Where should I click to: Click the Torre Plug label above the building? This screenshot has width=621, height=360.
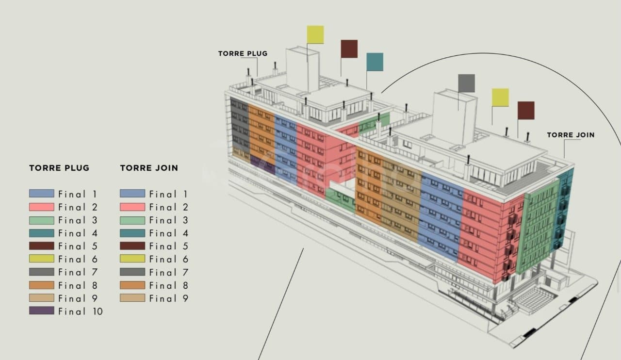[243, 53]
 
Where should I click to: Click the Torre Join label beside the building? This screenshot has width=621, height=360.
[571, 135]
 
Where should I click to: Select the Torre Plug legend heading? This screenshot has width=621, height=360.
[59, 168]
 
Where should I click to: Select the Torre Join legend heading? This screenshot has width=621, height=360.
[149, 168]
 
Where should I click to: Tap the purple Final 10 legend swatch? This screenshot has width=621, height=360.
[42, 311]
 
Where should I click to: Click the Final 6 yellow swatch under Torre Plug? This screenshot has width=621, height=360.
[42, 259]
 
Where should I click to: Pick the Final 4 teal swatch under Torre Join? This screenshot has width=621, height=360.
[132, 233]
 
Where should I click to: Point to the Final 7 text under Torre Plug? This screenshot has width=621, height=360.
[78, 272]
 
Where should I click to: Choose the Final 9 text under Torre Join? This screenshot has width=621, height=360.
[169, 298]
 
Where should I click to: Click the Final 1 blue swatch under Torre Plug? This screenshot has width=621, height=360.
[42, 194]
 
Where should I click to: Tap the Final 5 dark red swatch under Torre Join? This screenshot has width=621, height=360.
[132, 246]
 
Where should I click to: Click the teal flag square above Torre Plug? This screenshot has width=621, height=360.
[375, 62]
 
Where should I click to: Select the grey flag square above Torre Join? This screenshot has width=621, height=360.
[466, 83]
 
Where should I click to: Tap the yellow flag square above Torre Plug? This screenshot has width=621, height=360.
[315, 34]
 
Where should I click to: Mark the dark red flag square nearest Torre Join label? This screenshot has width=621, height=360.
[526, 111]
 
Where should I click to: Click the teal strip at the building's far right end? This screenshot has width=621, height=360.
[564, 210]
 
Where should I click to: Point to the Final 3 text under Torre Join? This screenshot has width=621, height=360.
[169, 220]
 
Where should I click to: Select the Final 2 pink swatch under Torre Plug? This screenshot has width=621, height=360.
[42, 207]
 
